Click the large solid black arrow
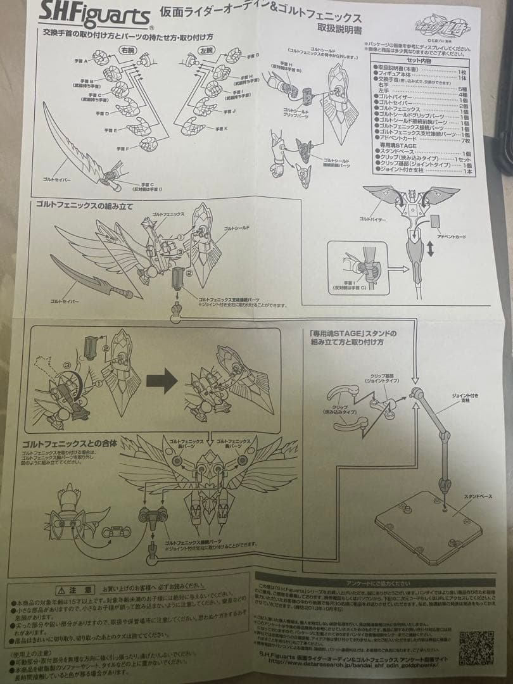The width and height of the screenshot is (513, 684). pyautogui.click(x=161, y=381)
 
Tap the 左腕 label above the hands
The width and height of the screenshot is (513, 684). pyautogui.click(x=206, y=49)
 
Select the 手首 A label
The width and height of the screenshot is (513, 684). pyautogui.click(x=82, y=61)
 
